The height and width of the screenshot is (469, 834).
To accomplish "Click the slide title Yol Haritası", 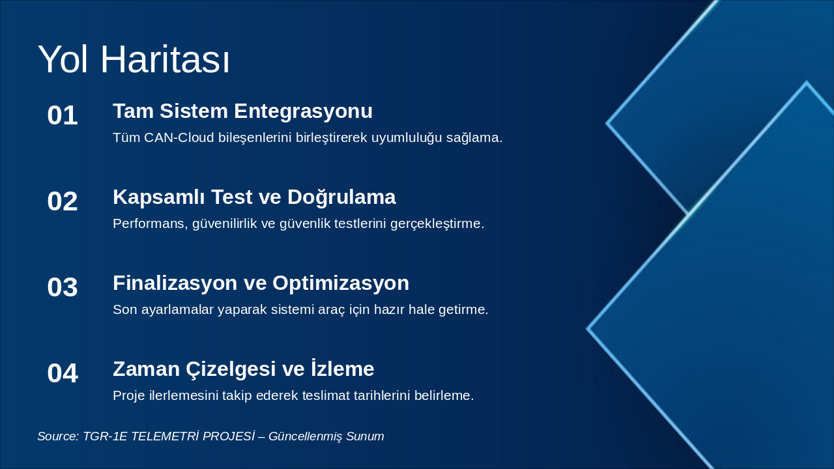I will coord(134,60).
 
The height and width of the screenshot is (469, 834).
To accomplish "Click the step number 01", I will coord(63,115).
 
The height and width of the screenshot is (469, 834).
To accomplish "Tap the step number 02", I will coord(63,201).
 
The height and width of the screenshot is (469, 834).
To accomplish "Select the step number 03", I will coord(63,287).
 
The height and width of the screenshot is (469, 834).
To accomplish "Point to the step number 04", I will coord(63,373).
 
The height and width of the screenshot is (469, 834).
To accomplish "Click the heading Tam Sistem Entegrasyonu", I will coord(242,111).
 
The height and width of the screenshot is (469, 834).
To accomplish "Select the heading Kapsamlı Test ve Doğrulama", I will coord(254,197).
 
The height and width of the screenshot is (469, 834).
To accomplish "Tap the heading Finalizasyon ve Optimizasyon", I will coord(261,283).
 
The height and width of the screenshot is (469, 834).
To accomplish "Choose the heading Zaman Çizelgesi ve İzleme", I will coord(243,369).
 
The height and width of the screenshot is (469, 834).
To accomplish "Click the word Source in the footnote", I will coord(57,436).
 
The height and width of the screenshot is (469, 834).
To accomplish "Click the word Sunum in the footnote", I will coord(365,436).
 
